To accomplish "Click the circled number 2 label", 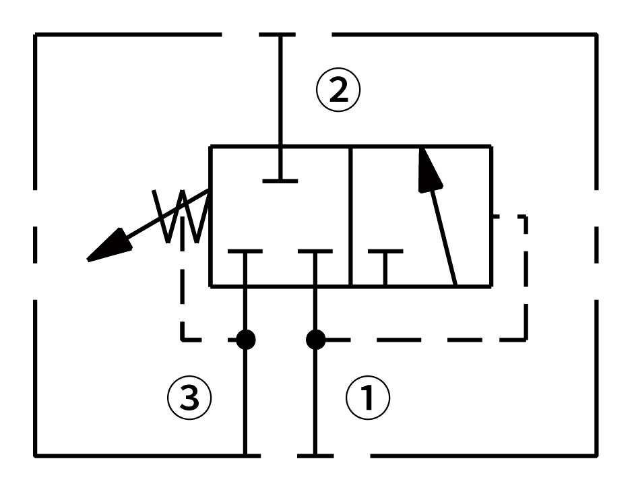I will [x=339, y=91].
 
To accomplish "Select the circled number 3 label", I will [x=189, y=398].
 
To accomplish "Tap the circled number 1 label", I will [x=368, y=398].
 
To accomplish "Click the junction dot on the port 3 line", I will [x=245, y=340].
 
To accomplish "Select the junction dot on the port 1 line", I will [x=315, y=340].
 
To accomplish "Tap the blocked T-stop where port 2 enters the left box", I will [x=280, y=181].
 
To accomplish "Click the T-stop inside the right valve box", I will [x=385, y=252].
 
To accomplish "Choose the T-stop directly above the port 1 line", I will [x=315, y=252].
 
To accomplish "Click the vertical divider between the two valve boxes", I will [x=351, y=216].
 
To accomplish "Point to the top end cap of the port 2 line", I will [x=280, y=35].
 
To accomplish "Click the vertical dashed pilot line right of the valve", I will [x=525, y=276].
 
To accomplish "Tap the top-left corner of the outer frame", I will [x=35, y=35].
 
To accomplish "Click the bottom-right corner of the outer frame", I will [x=596, y=456].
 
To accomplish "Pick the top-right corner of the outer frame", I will [x=596, y=35].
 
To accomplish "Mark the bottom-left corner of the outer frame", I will [x=35, y=456].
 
